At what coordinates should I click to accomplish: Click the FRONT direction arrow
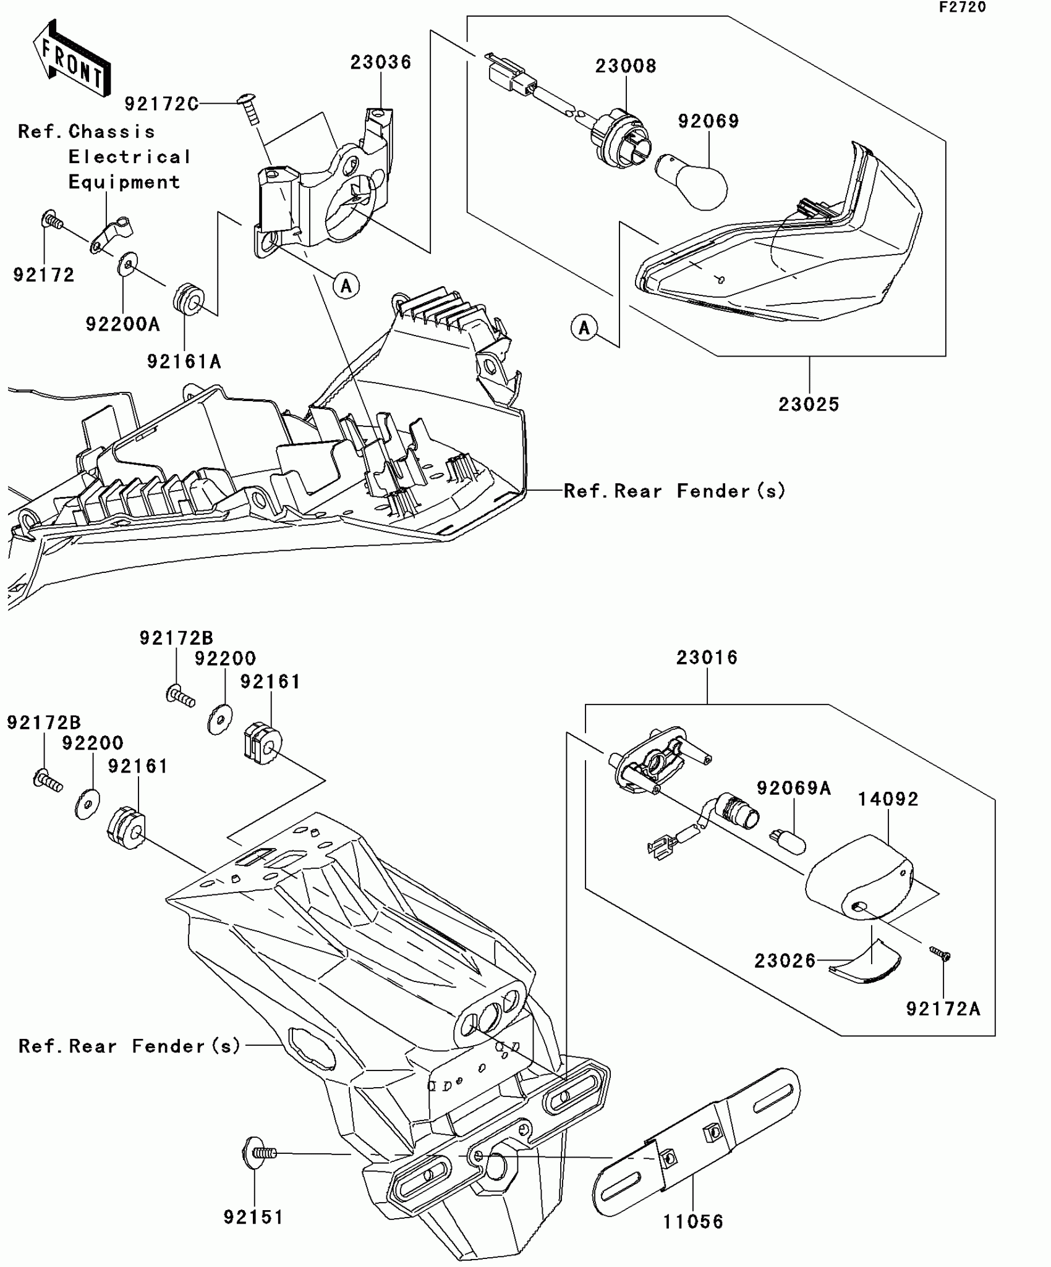(x=72, y=59)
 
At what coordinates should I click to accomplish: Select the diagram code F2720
(x=962, y=7)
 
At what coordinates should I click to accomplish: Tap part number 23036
(x=381, y=62)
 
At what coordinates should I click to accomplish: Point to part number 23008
(x=625, y=66)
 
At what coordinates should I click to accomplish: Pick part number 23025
(x=809, y=405)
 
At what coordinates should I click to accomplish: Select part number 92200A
(x=122, y=324)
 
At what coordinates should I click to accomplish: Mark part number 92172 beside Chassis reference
(x=44, y=275)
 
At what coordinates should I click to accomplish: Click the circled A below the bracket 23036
(x=346, y=286)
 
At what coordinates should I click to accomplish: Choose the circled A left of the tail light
(x=584, y=327)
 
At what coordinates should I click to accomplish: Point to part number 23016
(x=707, y=658)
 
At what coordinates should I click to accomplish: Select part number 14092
(x=888, y=800)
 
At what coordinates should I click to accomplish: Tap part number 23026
(x=785, y=961)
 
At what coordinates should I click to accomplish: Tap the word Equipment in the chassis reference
(x=124, y=183)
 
